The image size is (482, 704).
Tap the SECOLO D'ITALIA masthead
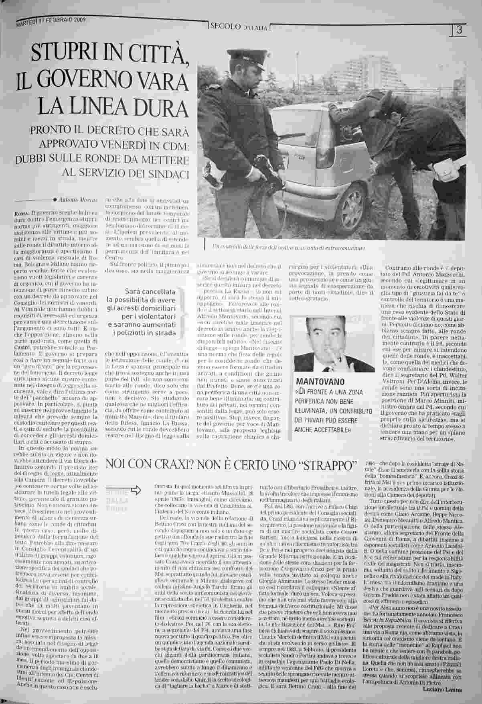[x=239, y=27]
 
